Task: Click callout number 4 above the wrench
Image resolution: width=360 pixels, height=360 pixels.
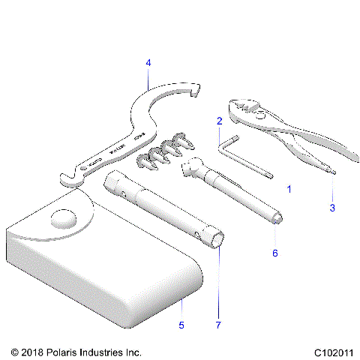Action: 148,63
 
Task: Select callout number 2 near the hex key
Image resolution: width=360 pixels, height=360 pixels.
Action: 219,120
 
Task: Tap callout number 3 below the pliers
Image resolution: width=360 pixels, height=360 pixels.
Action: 331,206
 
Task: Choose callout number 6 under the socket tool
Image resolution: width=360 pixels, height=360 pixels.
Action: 274,253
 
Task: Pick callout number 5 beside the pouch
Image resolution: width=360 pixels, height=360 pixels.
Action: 181,324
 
